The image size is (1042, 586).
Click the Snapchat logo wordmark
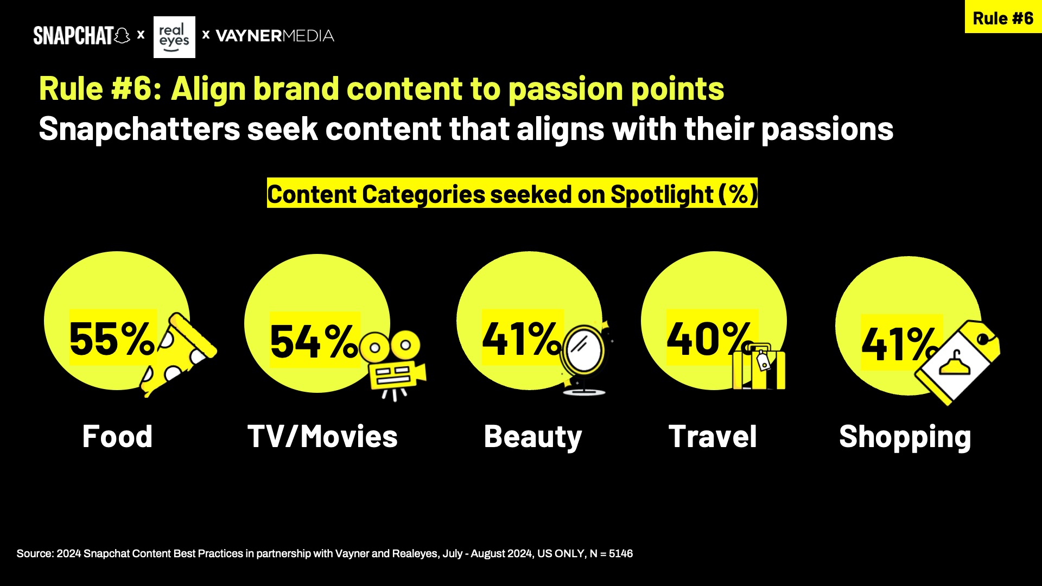tap(81, 36)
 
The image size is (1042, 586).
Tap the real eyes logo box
tap(174, 37)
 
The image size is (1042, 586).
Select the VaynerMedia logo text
tap(275, 36)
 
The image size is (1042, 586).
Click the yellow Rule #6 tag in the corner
tap(1003, 17)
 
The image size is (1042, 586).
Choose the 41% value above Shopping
tap(900, 343)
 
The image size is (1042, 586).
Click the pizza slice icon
tap(179, 354)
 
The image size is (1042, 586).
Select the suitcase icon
tap(759, 367)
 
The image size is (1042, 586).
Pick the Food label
tap(117, 436)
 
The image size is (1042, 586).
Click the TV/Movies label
tap(322, 436)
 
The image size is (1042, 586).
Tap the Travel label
tap(713, 436)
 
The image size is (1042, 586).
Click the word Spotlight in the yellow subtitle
tap(662, 194)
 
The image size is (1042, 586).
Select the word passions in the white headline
tap(827, 130)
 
